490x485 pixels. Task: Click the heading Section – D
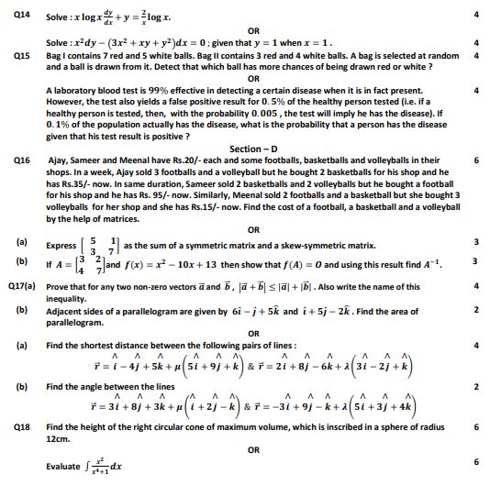[x=260, y=149]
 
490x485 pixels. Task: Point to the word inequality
[x=68, y=297]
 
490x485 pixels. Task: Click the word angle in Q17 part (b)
[x=95, y=386]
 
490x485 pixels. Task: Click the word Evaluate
[x=62, y=466]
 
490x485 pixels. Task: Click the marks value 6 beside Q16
[x=476, y=160]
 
